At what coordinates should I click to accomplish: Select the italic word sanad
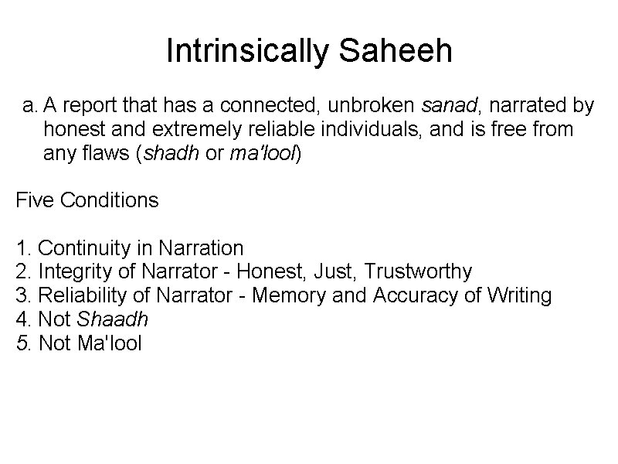(449, 104)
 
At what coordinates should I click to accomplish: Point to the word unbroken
(373, 104)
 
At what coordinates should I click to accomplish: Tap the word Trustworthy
(418, 271)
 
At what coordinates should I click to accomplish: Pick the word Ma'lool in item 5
(110, 343)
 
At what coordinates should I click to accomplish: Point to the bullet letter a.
(29, 104)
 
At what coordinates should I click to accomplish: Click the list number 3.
(22, 295)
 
